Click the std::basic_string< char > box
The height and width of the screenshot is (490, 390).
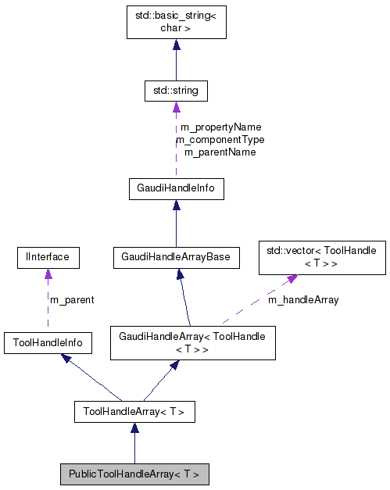[x=176, y=23]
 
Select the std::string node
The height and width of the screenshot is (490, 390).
[x=175, y=91]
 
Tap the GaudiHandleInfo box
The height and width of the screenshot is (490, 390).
[x=176, y=188]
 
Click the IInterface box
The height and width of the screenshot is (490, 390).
[x=48, y=256]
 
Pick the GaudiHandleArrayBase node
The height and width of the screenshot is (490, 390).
[x=176, y=256]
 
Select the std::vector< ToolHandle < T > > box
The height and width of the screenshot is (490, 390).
[x=322, y=258]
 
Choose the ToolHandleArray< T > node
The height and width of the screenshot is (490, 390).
[x=134, y=411]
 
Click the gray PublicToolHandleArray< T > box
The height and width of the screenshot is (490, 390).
[x=134, y=474]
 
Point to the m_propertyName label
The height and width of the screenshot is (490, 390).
[x=220, y=127]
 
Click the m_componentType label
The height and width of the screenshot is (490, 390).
[x=220, y=139]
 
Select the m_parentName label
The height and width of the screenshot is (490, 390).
[x=220, y=152]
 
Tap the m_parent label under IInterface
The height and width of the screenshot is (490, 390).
[x=72, y=299]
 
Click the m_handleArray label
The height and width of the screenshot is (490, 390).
[x=303, y=299]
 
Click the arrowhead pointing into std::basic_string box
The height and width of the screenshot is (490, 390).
[x=176, y=46]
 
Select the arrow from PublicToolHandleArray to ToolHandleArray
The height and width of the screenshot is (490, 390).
[x=134, y=445]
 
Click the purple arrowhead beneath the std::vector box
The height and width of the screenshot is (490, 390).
[x=291, y=279]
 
